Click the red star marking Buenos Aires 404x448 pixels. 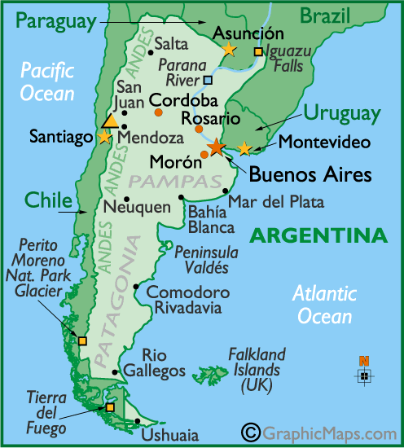[216, 147]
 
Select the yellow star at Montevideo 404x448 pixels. [244, 148]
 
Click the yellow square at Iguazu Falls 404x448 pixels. [258, 52]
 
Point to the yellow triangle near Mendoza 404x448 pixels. [109, 121]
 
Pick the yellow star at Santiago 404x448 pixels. [103, 137]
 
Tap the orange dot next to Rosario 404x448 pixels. [198, 129]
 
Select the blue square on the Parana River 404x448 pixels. [209, 80]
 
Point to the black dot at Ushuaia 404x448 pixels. [137, 421]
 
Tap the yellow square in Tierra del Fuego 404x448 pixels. [110, 407]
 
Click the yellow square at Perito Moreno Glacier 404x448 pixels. [81, 340]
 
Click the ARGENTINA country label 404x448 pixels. [318, 236]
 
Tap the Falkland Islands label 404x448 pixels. [257, 371]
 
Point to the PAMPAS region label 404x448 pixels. [158, 179]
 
